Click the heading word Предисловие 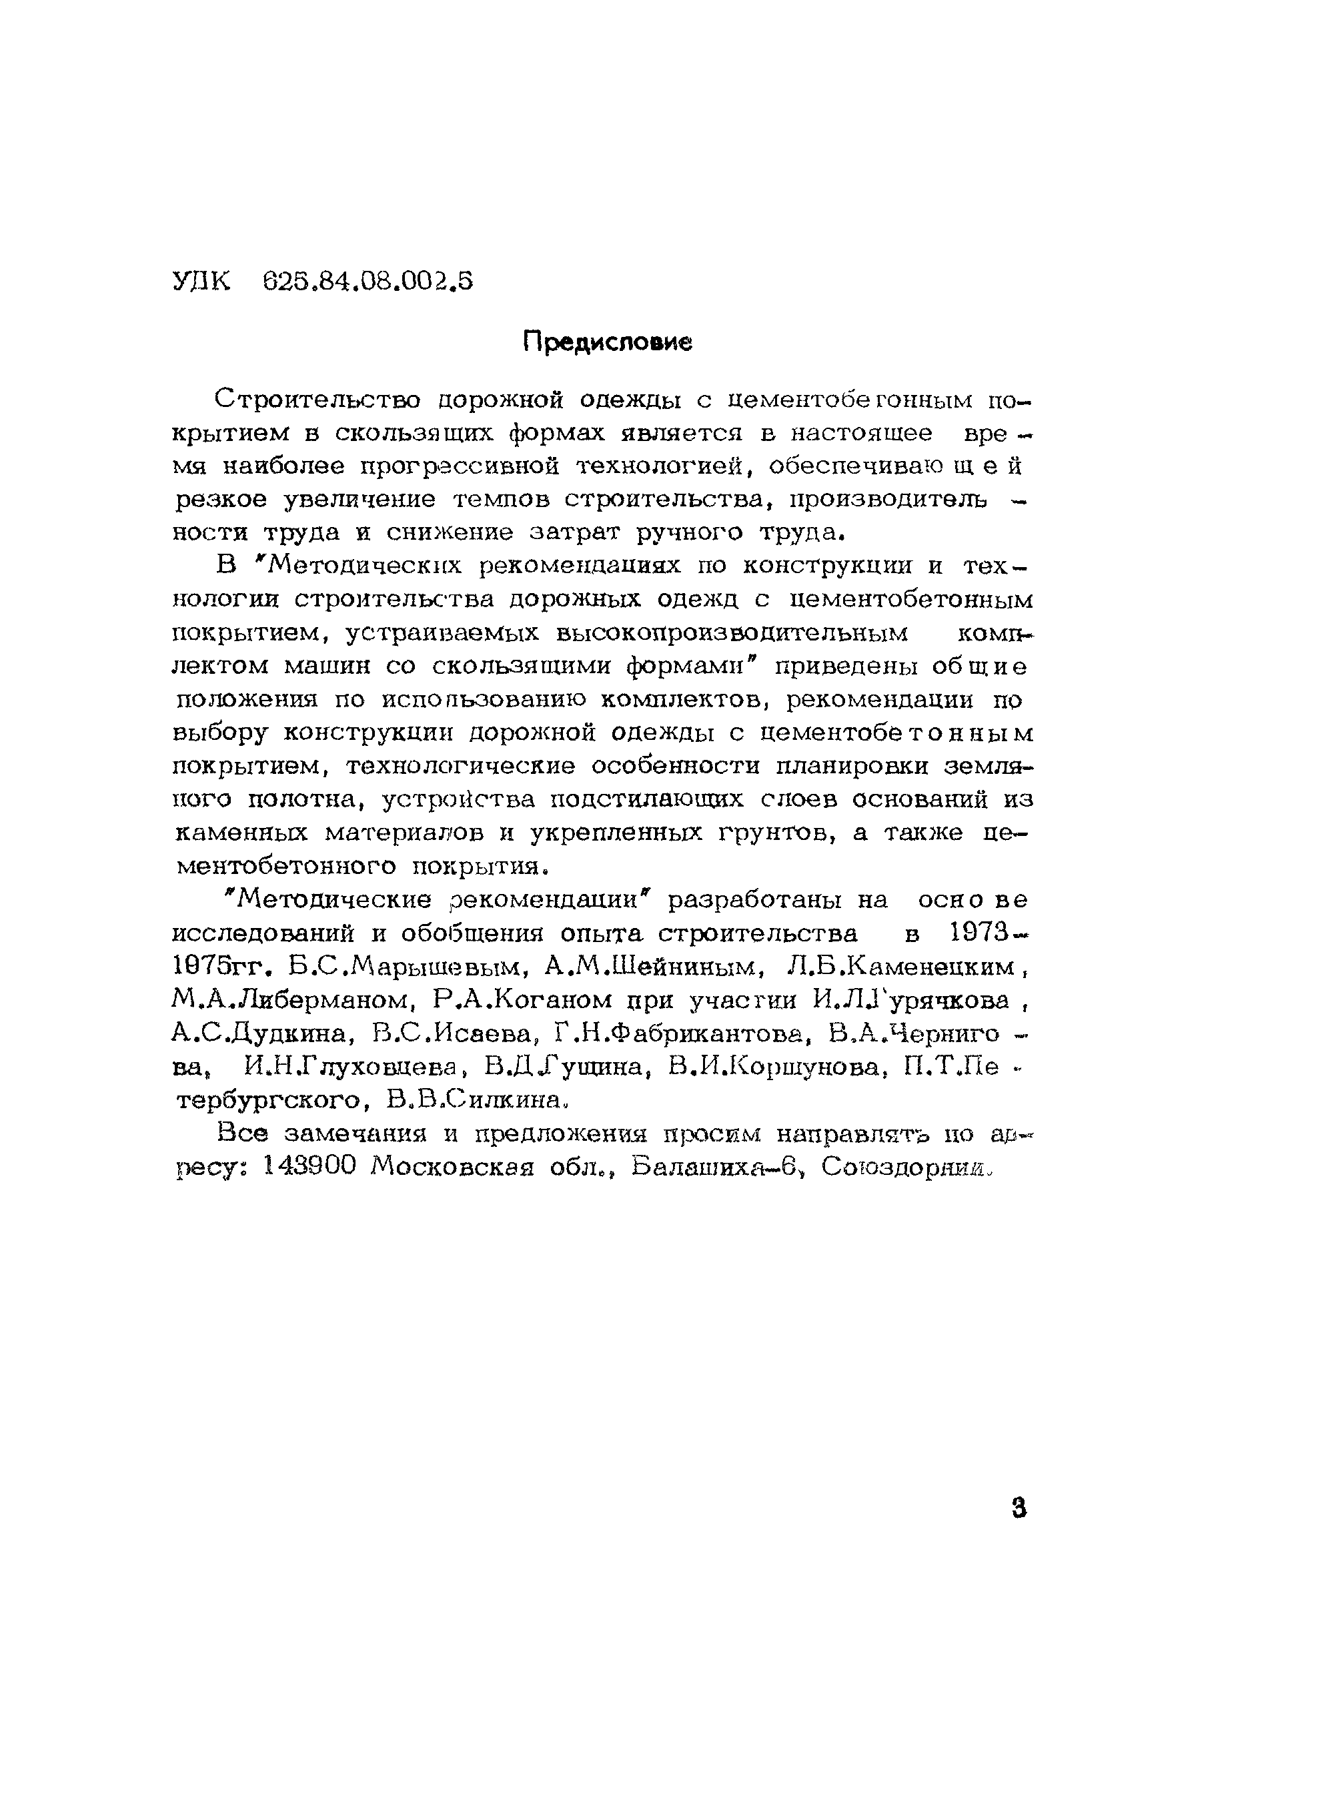[607, 343]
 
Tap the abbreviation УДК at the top [201, 282]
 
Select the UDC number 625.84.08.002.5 [368, 282]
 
